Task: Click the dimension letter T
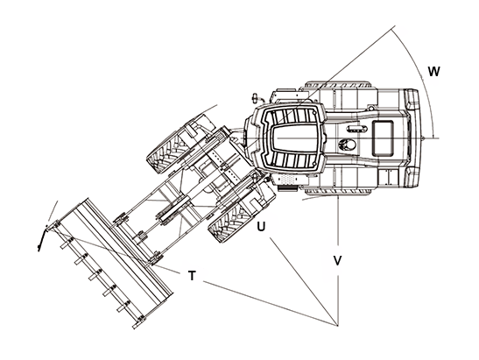coord(192,276)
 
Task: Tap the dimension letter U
coord(261,227)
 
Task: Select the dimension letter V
coord(337,261)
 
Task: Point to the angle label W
coord(433,72)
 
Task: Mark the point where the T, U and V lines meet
coord(337,326)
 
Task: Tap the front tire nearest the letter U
coord(242,214)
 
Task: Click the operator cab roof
coord(293,138)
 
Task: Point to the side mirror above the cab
coord(255,98)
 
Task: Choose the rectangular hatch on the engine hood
coord(383,138)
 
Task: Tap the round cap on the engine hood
coord(348,145)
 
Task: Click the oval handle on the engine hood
coord(356,129)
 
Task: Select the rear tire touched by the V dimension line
coord(338,188)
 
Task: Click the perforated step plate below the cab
coord(287,180)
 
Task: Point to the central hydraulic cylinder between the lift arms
coord(173,211)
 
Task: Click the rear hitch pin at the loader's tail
coord(422,138)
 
